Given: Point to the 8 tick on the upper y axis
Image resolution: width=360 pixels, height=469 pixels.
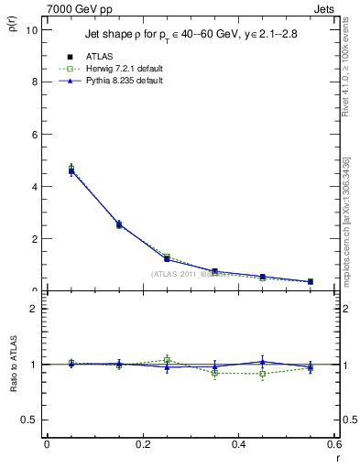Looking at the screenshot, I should [x=35, y=82].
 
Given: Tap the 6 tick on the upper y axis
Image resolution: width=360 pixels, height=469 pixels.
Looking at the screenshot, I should [x=35, y=134].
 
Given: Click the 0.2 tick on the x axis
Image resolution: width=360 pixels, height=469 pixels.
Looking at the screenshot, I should [x=142, y=444].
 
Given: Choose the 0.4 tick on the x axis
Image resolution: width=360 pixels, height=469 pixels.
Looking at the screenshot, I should [x=238, y=444].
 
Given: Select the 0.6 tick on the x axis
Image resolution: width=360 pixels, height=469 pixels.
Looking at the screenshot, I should [x=333, y=444].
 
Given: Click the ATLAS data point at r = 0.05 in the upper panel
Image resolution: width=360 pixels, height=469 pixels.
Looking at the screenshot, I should [x=71, y=170].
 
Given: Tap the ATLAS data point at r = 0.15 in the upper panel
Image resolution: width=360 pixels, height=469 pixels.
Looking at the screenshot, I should [x=119, y=224].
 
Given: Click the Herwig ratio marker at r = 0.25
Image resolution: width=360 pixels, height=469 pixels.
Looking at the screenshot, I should [x=167, y=359].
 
